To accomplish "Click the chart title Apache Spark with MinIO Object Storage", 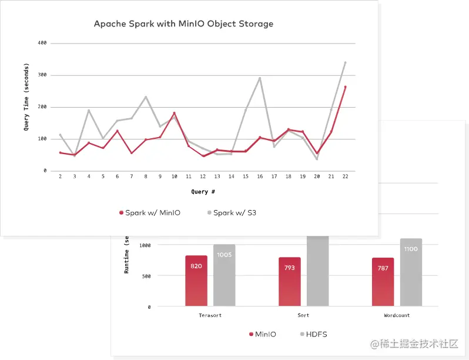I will click(x=184, y=24).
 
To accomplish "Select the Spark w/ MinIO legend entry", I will click(x=149, y=213).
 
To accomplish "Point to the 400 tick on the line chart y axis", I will click(x=42, y=44).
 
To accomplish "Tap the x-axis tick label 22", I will click(x=345, y=176).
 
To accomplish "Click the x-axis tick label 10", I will click(x=174, y=176).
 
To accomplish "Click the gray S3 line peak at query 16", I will click(x=260, y=78).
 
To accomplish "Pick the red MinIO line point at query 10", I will click(x=174, y=113).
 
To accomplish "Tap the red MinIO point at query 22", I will click(x=345, y=87).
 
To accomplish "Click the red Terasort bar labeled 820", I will click(x=196, y=281).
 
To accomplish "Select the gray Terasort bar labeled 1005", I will click(x=224, y=275).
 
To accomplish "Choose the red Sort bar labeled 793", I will click(x=290, y=282).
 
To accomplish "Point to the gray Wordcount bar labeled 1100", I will click(x=411, y=272).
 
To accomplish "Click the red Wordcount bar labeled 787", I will click(x=383, y=282).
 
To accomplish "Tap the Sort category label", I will click(x=304, y=315).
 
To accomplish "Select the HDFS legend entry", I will click(x=313, y=334).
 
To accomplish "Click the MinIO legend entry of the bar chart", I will click(x=262, y=334).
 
